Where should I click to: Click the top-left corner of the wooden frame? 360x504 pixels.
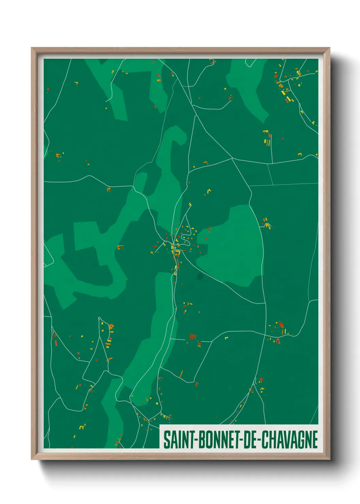(32, 48)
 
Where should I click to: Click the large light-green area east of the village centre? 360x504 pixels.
(235, 245)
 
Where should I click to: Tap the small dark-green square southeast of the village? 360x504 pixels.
(200, 277)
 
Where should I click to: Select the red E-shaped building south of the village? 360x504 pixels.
(193, 337)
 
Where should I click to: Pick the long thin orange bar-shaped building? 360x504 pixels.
(181, 374)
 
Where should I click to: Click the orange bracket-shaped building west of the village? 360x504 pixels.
(120, 247)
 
